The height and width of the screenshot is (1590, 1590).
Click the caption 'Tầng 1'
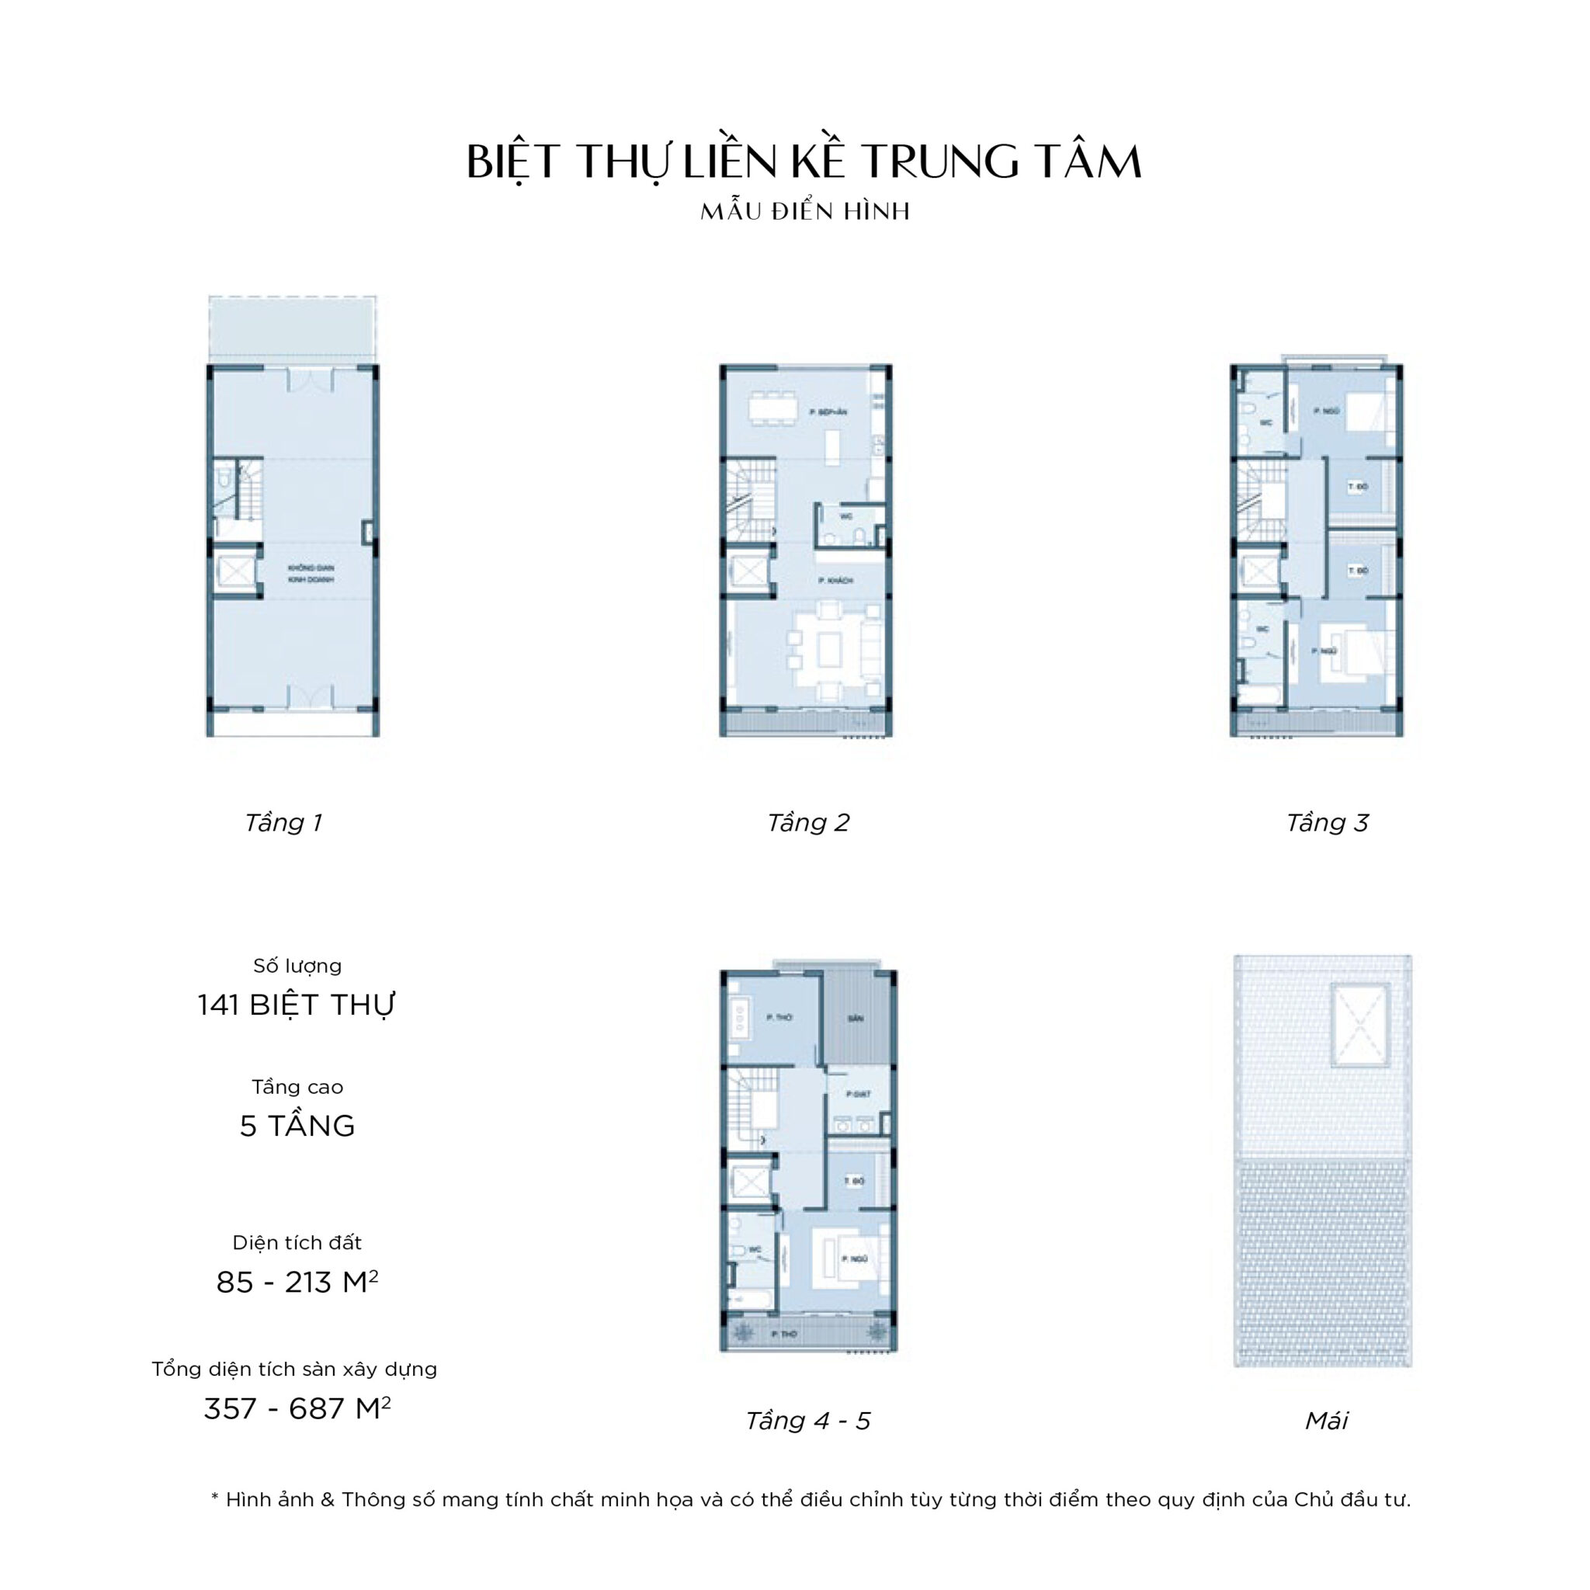(283, 822)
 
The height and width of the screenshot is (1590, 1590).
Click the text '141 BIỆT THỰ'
(297, 1005)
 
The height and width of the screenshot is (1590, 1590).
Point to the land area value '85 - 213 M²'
(297, 1283)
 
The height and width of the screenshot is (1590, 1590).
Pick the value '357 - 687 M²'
(297, 1409)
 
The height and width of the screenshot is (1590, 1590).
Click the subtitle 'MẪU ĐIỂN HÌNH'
(805, 211)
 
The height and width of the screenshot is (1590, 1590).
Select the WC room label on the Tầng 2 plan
(846, 517)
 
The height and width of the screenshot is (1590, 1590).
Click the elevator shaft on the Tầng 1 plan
(235, 571)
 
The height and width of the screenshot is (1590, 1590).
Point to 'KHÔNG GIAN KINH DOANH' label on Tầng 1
(311, 574)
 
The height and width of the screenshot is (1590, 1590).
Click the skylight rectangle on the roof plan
(1359, 1024)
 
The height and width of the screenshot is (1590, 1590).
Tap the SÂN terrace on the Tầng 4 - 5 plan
(856, 1018)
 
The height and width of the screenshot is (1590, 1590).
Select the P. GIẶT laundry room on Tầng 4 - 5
(859, 1095)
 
